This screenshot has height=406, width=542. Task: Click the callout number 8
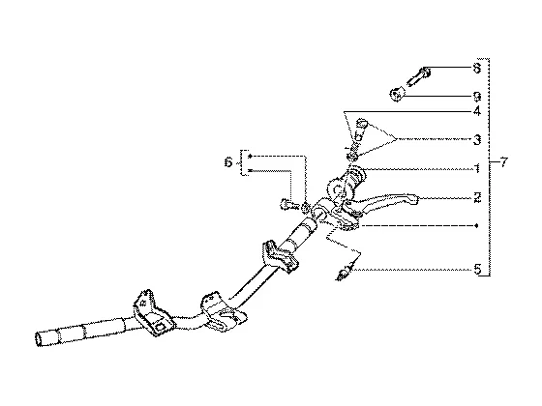tap(477, 68)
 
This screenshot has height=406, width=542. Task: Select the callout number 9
tap(477, 97)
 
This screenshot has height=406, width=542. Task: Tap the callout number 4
tap(477, 111)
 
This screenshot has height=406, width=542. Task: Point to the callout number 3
tap(477, 140)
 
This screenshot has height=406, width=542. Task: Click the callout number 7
tap(504, 162)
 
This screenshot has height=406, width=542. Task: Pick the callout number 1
tap(477, 168)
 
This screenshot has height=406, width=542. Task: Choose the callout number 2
tap(477, 198)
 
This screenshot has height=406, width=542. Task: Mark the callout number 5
tap(477, 270)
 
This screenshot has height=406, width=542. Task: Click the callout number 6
tap(228, 162)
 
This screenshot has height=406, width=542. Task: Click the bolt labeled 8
tap(419, 76)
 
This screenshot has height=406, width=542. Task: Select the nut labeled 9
tap(397, 95)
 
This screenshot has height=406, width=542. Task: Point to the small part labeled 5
tap(345, 272)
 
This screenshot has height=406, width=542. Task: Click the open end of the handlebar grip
tap(39, 339)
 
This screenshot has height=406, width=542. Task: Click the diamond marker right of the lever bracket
tap(476, 226)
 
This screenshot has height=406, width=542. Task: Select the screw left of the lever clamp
tap(287, 205)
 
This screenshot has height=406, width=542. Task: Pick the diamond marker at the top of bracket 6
tap(251, 156)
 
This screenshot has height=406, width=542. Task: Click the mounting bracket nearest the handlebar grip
tap(152, 313)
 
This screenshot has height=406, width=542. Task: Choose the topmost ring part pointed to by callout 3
tap(361, 124)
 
